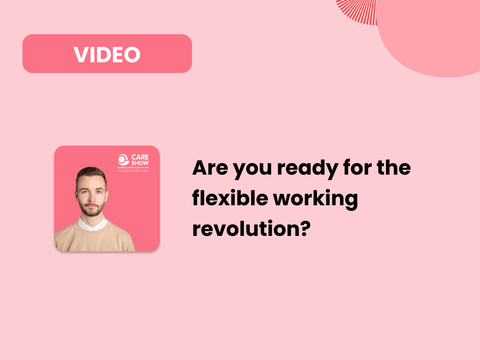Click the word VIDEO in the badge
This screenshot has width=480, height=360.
click(107, 54)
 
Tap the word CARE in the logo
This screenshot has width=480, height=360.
click(139, 157)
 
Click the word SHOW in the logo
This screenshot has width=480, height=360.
click(140, 163)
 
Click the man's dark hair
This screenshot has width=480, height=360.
click(91, 173)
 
